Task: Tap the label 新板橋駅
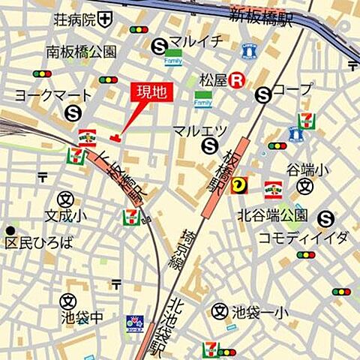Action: pyautogui.click(x=260, y=14)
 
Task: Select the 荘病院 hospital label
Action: pyautogui.click(x=73, y=19)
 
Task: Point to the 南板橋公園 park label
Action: pyautogui.click(x=81, y=52)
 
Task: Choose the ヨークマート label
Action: pyautogui.click(x=53, y=96)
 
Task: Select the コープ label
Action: pyautogui.click(x=292, y=91)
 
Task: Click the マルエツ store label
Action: pyautogui.click(x=199, y=130)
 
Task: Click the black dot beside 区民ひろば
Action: pyautogui.click(x=10, y=230)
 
